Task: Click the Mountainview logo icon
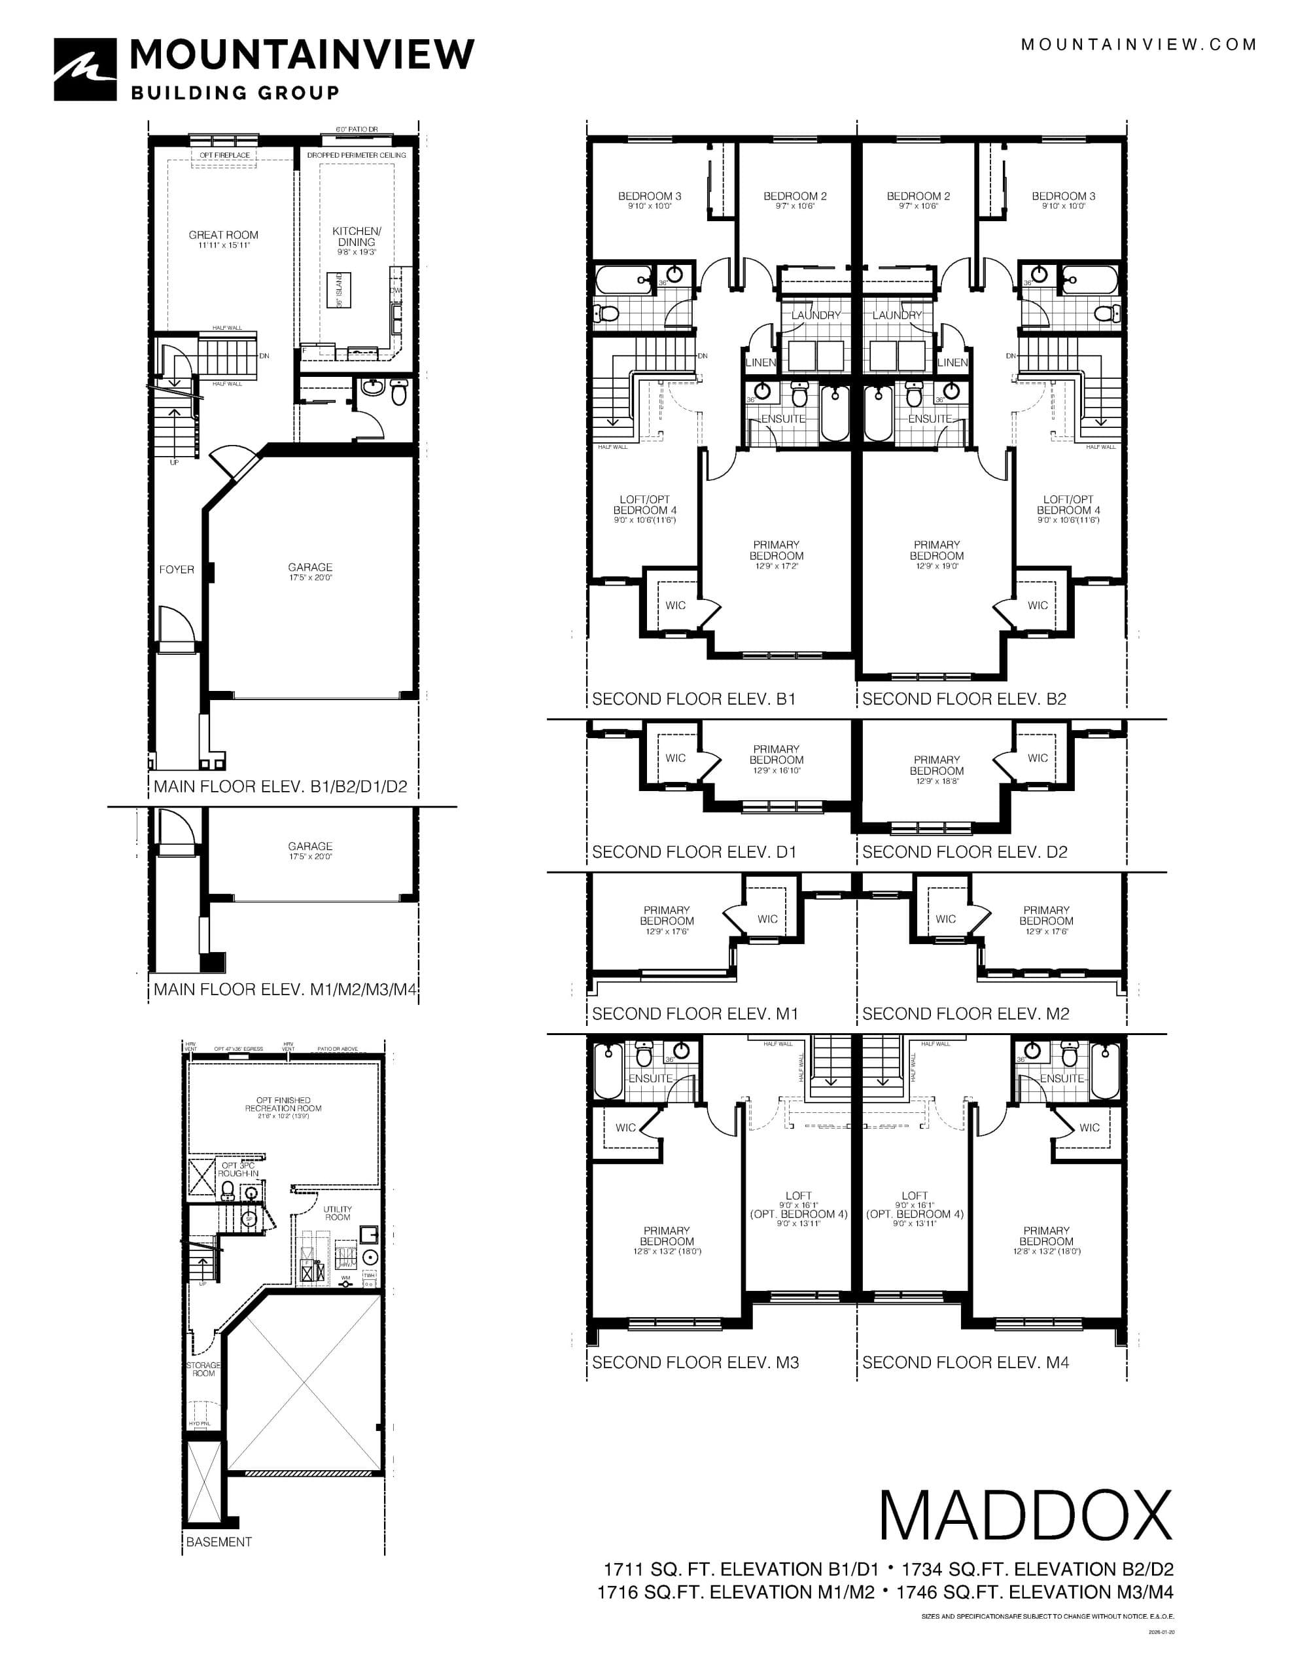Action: [85, 70]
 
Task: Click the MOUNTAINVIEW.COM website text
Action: [1138, 44]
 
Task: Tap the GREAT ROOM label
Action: [223, 236]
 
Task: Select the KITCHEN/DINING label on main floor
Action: [356, 236]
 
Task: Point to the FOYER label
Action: [177, 569]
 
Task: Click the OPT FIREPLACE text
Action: [225, 156]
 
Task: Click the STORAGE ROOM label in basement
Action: [203, 1369]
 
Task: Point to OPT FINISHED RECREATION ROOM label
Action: [283, 1104]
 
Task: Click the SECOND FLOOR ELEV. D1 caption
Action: [693, 852]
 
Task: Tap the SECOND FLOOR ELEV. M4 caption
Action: [965, 1362]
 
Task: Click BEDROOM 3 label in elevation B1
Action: [649, 196]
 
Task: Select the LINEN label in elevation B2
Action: [953, 362]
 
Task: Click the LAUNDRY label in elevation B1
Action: [816, 315]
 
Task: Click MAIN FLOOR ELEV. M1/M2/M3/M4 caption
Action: [285, 989]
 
